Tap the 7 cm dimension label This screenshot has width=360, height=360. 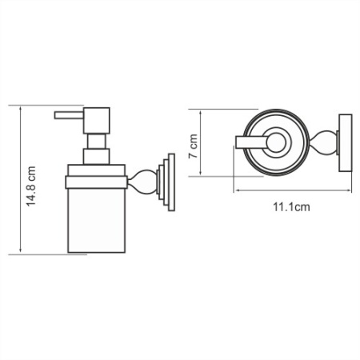pyautogui.click(x=194, y=145)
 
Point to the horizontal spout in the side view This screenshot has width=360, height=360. pyautogui.click(x=70, y=115)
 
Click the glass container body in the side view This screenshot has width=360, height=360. pyautogui.click(x=96, y=216)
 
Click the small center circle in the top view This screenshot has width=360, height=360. pyautogui.click(x=276, y=144)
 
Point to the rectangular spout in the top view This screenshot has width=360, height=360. pyautogui.click(x=250, y=144)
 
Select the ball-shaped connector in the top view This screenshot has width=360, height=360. pyautogui.click(x=326, y=144)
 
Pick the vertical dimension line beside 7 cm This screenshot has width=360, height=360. pyautogui.click(x=206, y=144)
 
